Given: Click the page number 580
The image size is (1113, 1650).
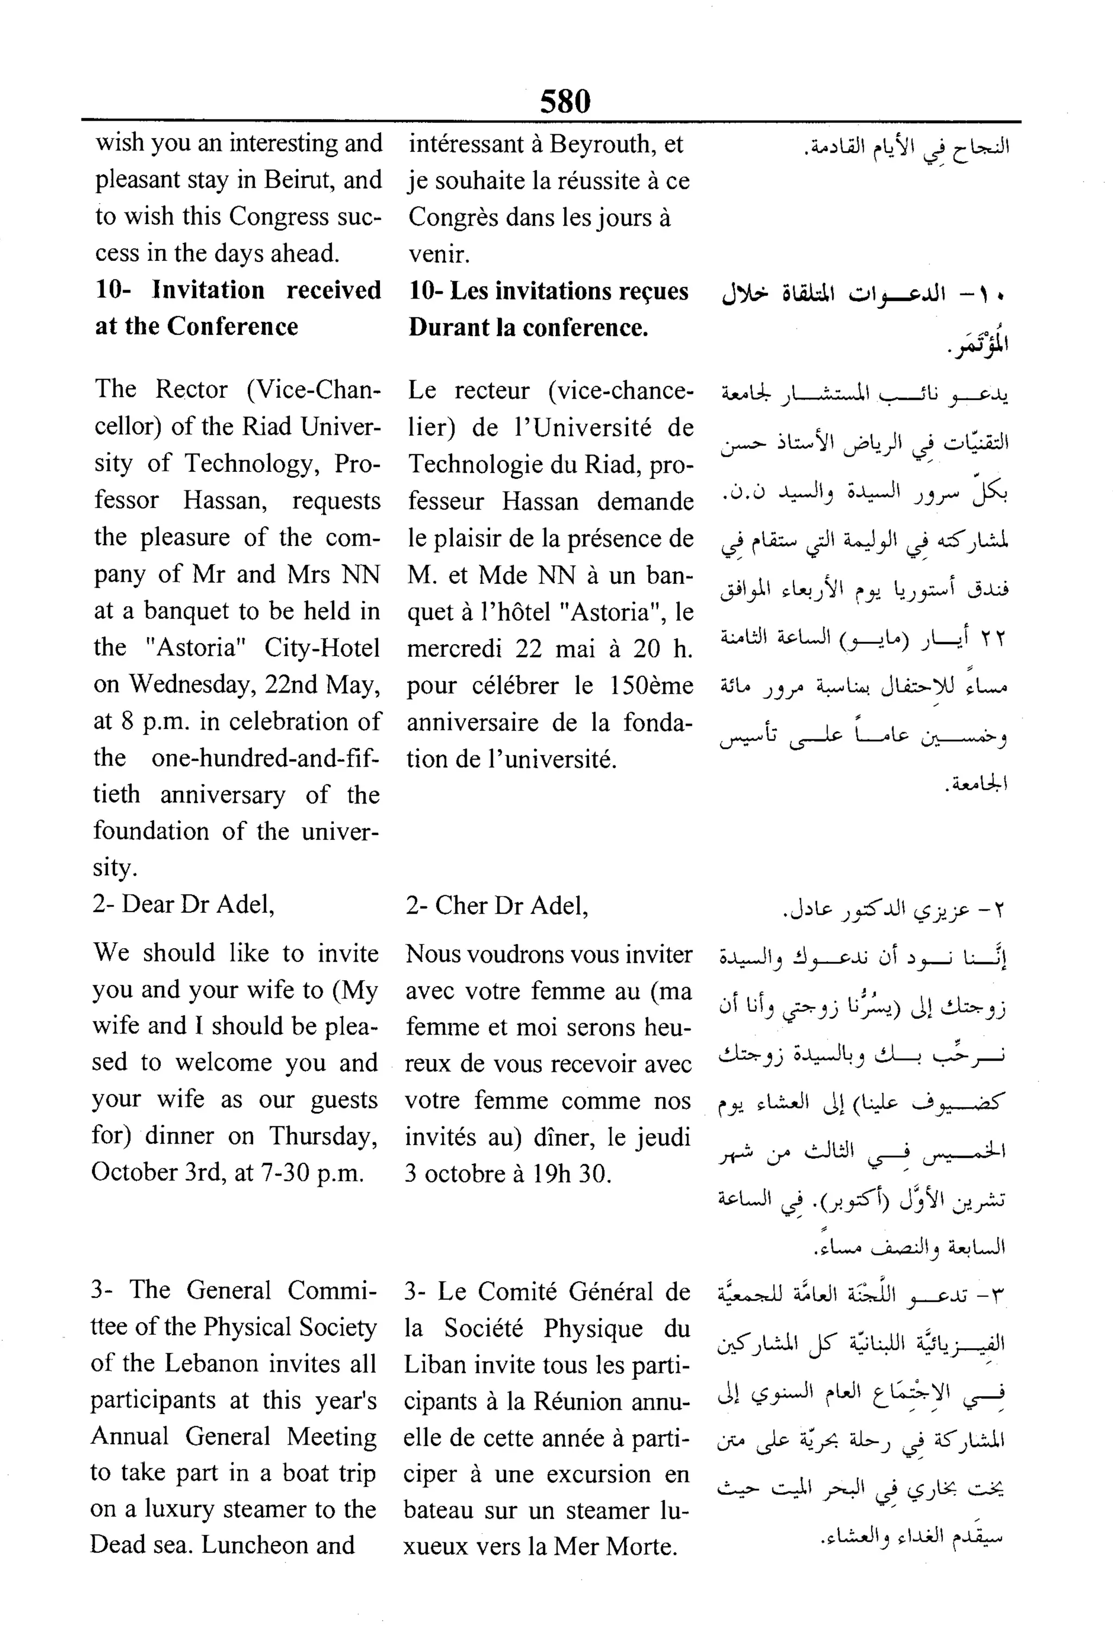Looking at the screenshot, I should click(565, 102).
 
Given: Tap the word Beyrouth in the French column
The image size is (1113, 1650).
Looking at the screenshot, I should click(602, 144).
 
